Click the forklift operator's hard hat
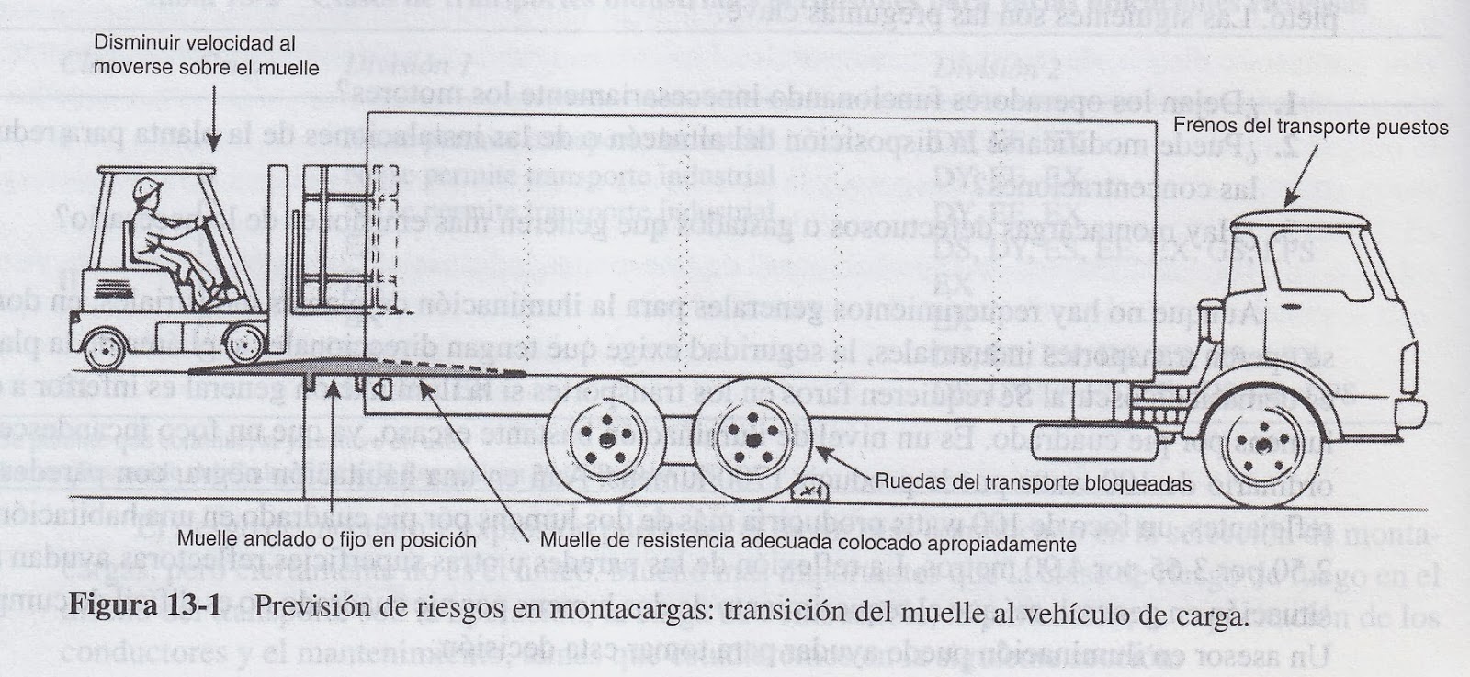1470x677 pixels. click(x=144, y=189)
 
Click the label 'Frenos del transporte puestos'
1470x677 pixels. click(x=1311, y=128)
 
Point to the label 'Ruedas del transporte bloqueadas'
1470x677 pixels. click(x=1033, y=482)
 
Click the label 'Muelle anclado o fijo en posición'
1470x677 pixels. click(x=327, y=540)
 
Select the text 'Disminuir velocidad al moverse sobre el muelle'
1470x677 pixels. click(x=207, y=55)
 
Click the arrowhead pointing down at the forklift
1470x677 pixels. click(x=213, y=146)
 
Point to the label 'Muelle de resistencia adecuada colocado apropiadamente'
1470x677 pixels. click(x=808, y=543)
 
